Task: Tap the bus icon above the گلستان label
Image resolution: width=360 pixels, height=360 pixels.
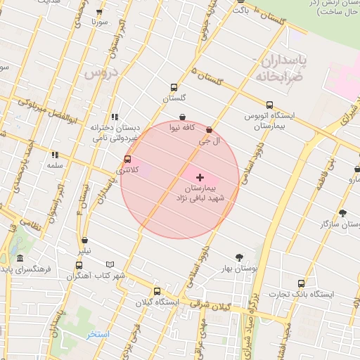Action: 174,88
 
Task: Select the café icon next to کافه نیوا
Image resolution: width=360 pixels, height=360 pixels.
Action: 183,117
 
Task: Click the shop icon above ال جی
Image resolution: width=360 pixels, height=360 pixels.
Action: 209,129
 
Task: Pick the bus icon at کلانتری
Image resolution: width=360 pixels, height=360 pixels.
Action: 127,159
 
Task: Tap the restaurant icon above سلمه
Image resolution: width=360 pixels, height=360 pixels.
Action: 55,155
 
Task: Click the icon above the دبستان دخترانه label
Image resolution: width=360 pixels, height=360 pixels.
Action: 115,117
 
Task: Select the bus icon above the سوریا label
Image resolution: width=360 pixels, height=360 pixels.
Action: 98,12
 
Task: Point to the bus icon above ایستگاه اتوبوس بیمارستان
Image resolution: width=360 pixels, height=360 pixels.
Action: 269,105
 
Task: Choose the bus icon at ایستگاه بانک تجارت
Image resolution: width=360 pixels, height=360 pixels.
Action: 303,283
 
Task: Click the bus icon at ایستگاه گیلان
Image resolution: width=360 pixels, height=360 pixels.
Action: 157,291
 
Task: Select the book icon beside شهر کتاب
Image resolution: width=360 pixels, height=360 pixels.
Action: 79,266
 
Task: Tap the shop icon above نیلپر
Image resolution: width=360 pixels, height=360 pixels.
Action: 84,240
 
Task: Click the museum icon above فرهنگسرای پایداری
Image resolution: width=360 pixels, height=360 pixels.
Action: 20,258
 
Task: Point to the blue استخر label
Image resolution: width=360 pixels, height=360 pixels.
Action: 98,334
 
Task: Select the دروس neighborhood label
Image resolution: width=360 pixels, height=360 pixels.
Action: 102,72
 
